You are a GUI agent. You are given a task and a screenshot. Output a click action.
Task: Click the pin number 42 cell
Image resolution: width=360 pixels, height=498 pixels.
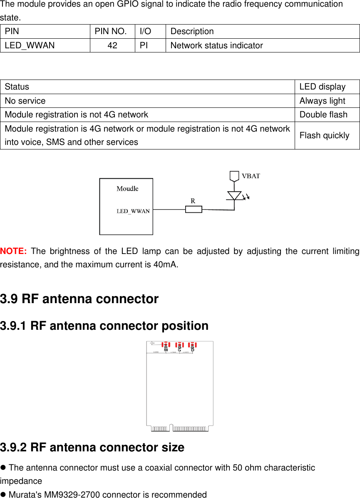click(x=112, y=45)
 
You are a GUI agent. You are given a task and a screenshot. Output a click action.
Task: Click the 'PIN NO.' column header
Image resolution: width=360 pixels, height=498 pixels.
click(x=112, y=31)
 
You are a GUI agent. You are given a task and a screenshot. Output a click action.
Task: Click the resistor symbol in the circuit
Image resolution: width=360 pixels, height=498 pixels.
click(x=194, y=209)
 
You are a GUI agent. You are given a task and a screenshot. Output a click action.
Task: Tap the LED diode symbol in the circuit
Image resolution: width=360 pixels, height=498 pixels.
click(x=234, y=196)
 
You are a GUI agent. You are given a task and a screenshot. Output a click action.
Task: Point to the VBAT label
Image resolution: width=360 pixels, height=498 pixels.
click(x=251, y=176)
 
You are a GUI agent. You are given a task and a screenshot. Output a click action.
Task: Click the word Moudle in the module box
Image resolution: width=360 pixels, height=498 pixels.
click(x=127, y=189)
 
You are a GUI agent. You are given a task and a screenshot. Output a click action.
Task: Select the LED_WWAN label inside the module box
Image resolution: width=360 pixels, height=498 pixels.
click(x=133, y=211)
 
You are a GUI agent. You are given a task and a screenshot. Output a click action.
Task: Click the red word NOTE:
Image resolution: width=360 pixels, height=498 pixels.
click(x=14, y=251)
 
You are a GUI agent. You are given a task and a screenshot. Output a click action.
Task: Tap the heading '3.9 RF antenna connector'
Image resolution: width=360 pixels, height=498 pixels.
click(x=79, y=299)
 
